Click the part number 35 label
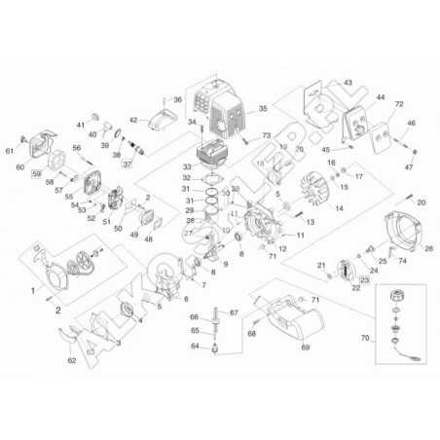262,108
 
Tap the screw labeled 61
11,150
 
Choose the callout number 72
399,103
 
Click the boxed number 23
351,280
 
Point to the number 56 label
76,147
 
